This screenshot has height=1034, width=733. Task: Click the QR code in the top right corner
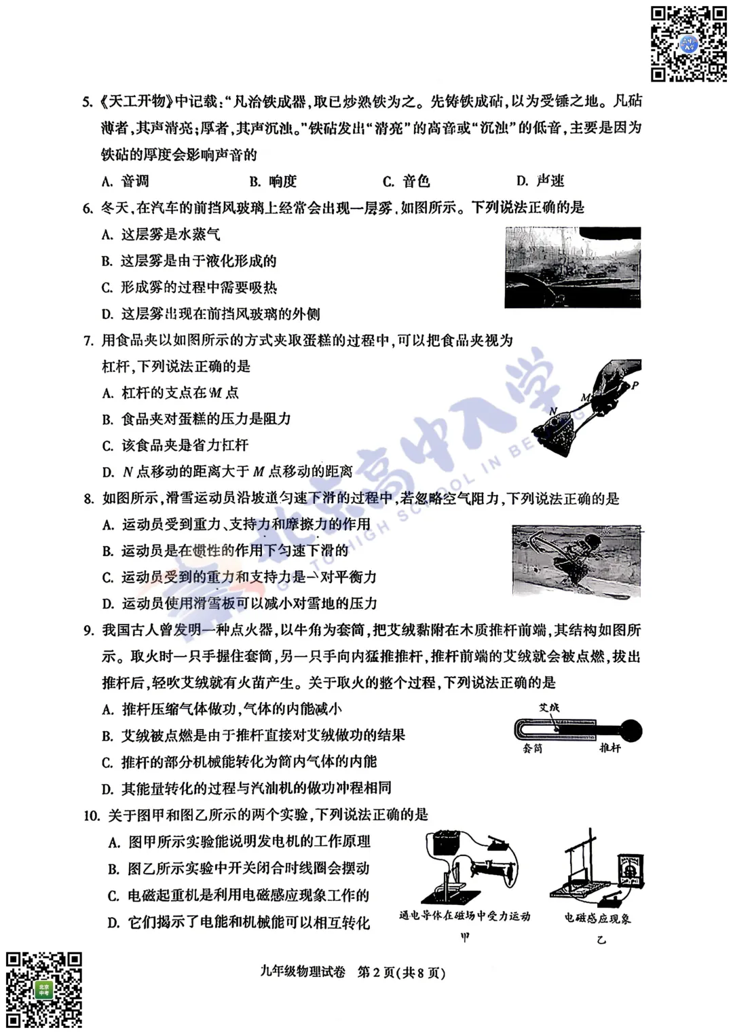pyautogui.click(x=689, y=44)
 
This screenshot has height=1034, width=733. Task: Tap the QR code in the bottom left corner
pyautogui.click(x=44, y=989)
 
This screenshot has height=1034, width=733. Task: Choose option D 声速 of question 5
pyautogui.click(x=540, y=181)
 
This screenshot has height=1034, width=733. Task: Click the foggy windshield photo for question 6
pyautogui.click(x=573, y=267)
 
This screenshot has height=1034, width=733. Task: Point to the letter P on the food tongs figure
pyautogui.click(x=635, y=386)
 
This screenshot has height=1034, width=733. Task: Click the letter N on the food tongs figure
pyautogui.click(x=553, y=411)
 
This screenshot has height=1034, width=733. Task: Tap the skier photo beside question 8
pyautogui.click(x=576, y=561)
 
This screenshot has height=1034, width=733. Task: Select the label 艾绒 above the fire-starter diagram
pyautogui.click(x=549, y=707)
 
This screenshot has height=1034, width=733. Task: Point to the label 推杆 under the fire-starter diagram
pyautogui.click(x=609, y=747)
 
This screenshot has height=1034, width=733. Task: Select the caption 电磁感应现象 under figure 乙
pyautogui.click(x=597, y=918)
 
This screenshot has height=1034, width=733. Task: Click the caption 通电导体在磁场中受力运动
pyautogui.click(x=464, y=916)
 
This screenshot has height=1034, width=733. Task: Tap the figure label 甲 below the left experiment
pyautogui.click(x=465, y=938)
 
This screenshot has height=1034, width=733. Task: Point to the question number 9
pyautogui.click(x=88, y=631)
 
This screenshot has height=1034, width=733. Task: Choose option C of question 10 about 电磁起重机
pyautogui.click(x=238, y=895)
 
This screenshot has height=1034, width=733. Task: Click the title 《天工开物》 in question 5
pyautogui.click(x=136, y=102)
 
